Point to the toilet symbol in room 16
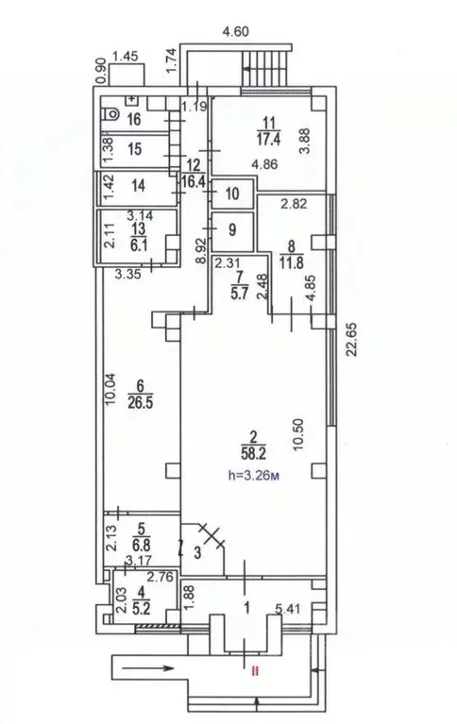coord(110,117)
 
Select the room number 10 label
coord(232,195)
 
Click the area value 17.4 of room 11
coord(270,136)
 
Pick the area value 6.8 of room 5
coord(143,546)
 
